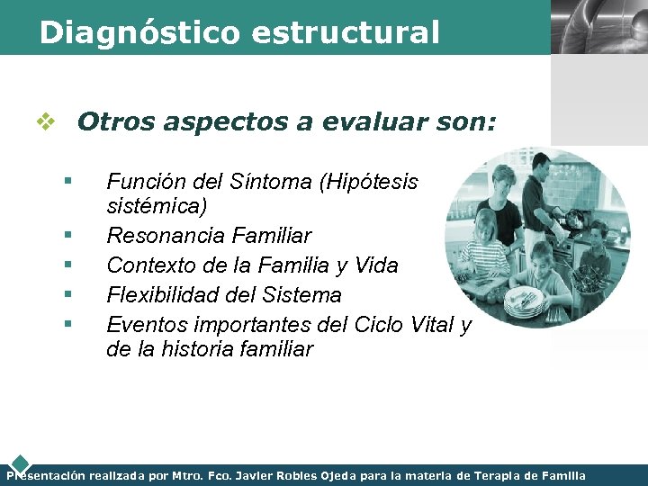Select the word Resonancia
pyautogui.click(x=166, y=236)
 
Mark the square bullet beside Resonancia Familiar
pyautogui.click(x=67, y=236)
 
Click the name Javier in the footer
pyautogui.click(x=266, y=475)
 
